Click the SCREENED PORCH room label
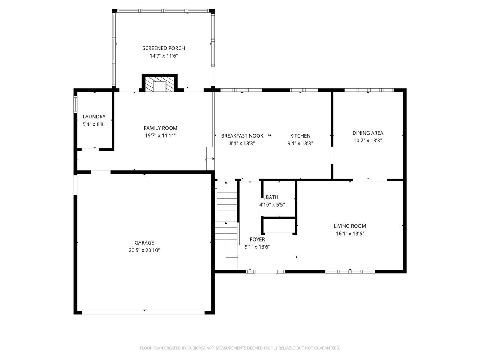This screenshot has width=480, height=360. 163,48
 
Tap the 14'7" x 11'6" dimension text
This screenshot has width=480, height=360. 163,56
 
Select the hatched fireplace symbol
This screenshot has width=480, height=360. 160,84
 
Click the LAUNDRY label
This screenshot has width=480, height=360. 94,117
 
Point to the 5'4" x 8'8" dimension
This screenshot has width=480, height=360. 94,124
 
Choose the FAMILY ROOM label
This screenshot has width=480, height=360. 160,128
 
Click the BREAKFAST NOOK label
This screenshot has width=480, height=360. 242,136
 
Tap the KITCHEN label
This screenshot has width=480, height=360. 300,136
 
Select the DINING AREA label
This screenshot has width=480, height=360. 368,133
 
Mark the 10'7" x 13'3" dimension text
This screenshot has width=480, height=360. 368,140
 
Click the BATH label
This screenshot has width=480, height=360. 272,197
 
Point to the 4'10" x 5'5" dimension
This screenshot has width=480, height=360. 272,205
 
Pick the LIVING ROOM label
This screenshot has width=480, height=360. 350,226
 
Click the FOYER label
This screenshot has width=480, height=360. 257,239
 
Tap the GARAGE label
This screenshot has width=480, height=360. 144,243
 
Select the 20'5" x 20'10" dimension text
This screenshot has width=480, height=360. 144,250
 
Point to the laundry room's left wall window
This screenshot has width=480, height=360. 75,105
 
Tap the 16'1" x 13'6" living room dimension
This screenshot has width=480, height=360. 350,234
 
